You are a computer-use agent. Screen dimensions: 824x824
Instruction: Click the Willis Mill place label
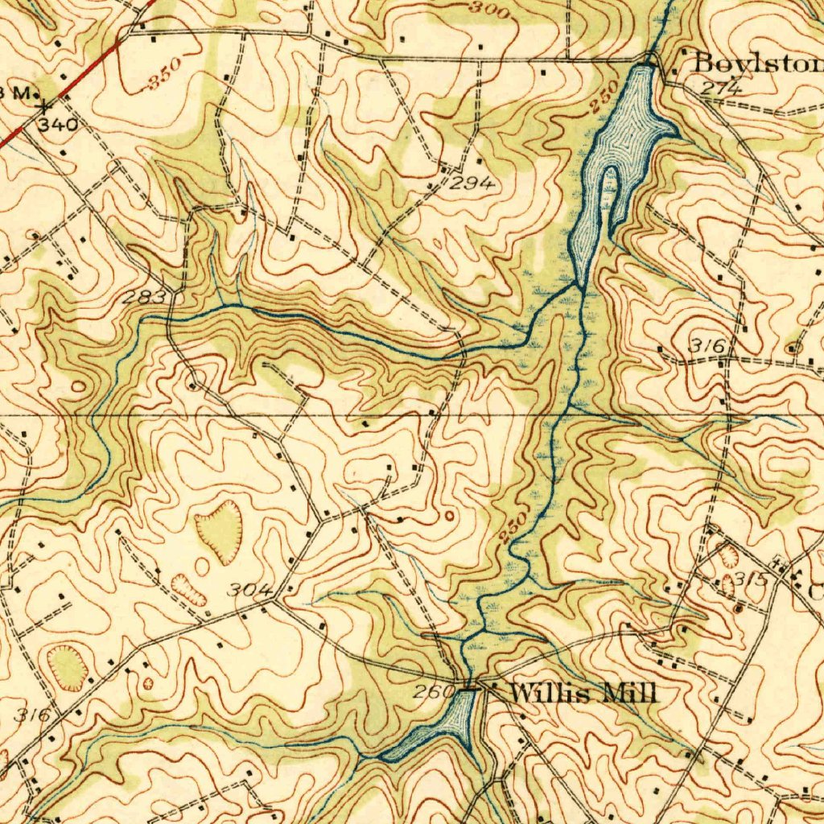click(x=583, y=692)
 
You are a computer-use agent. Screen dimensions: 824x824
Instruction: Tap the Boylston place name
click(x=756, y=62)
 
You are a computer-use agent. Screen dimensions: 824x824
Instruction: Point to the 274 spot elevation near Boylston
click(x=720, y=89)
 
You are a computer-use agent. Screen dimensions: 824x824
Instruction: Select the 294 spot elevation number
click(x=472, y=184)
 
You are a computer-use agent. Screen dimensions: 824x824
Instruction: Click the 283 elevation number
click(x=145, y=299)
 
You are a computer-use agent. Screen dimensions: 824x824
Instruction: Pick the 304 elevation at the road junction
click(x=249, y=591)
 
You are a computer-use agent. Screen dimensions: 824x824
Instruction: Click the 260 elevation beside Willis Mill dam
click(x=432, y=692)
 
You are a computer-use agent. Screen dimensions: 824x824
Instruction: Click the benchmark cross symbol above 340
click(x=45, y=105)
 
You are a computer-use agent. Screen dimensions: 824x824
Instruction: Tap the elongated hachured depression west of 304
click(x=187, y=589)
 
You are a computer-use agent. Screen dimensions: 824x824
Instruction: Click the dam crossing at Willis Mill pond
click(x=471, y=689)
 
